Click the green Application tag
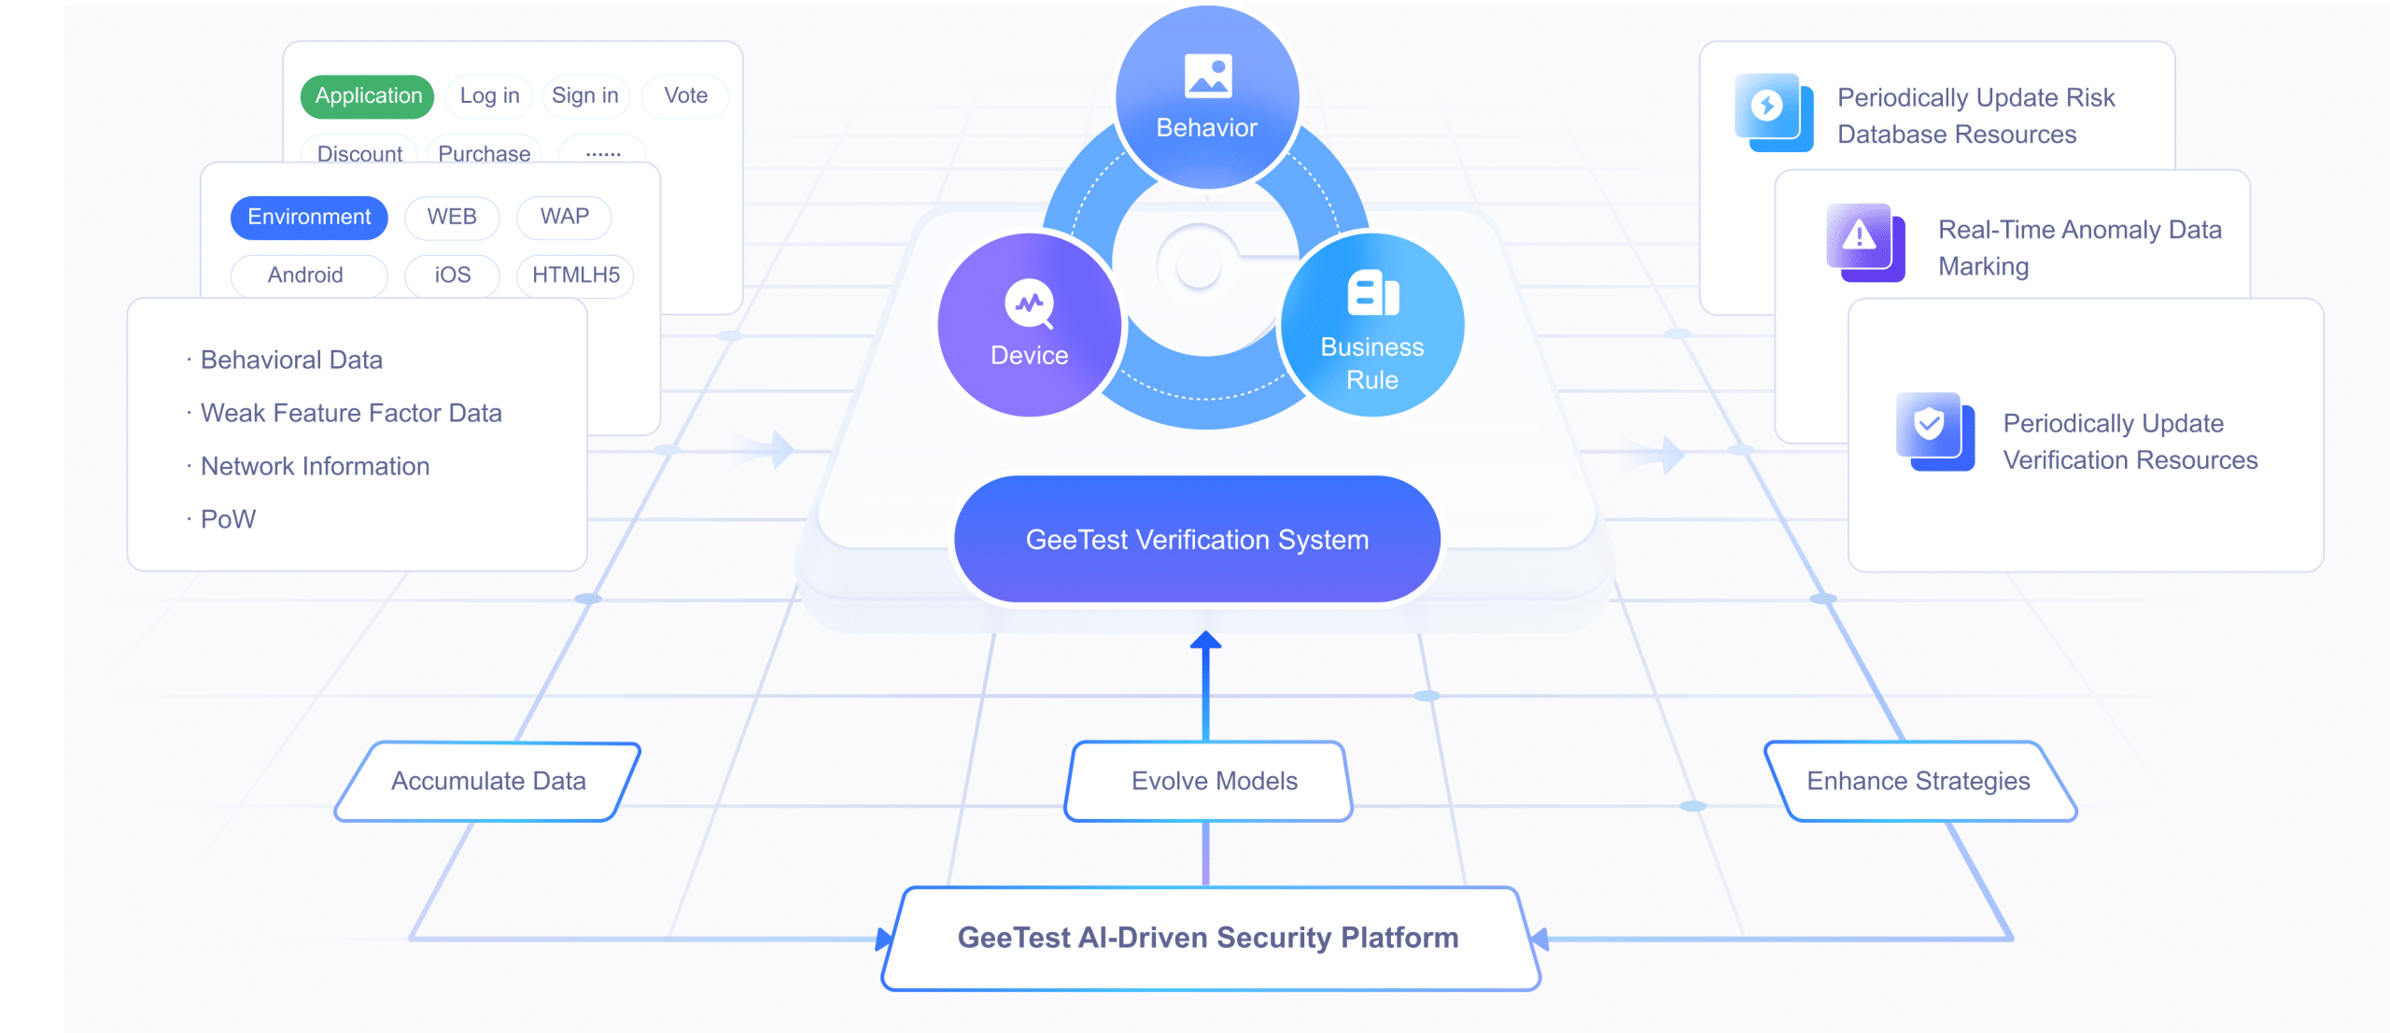pyautogui.click(x=368, y=96)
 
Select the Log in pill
pyautogui.click(x=489, y=96)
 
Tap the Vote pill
pyautogui.click(x=685, y=96)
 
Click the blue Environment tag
pyautogui.click(x=309, y=217)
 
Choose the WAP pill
pyautogui.click(x=564, y=217)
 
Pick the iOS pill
pyautogui.click(x=452, y=276)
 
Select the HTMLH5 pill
pyautogui.click(x=575, y=276)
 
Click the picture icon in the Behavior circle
pyautogui.click(x=1208, y=76)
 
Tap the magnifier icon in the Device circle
pyautogui.click(x=1030, y=304)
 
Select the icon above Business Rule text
pyautogui.click(x=1373, y=293)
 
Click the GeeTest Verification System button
pyautogui.click(x=1198, y=540)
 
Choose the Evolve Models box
pyautogui.click(x=1208, y=782)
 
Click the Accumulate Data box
pyautogui.click(x=488, y=782)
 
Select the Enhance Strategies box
pyautogui.click(x=1920, y=782)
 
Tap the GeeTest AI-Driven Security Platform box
pyautogui.click(x=1210, y=938)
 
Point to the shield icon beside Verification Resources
pyautogui.click(x=1934, y=432)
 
